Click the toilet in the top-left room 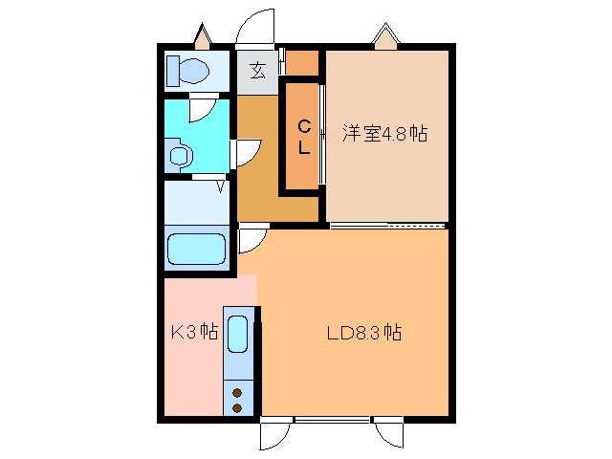point(189,70)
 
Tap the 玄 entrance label point(258,71)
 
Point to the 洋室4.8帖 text point(384,134)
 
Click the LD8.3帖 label point(363,334)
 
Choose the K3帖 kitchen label point(194,334)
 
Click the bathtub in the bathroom point(196,250)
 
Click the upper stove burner point(237,391)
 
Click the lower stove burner point(237,407)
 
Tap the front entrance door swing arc point(255,25)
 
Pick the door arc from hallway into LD point(251,241)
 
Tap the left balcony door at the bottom point(273,435)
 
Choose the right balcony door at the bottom point(390,435)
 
